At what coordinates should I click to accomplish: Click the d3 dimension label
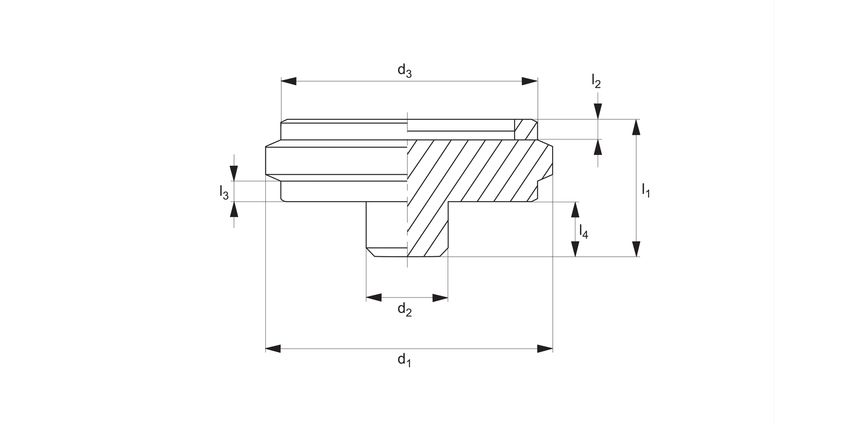coord(404,71)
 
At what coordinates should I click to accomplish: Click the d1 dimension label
coord(404,360)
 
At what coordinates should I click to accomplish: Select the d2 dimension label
coord(404,310)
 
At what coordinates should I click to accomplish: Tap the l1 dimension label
coord(646,190)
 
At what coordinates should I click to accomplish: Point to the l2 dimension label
coord(595,81)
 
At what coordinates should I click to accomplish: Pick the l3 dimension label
coord(224,193)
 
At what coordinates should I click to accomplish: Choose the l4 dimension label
coord(583,231)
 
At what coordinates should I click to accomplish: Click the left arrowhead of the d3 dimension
coord(289,81)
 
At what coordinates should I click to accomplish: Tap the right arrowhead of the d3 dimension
coord(530,81)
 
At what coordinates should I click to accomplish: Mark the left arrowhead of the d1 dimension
coord(273,348)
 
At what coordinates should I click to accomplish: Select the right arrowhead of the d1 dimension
coord(545,348)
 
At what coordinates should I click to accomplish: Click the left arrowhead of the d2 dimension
coord(374,298)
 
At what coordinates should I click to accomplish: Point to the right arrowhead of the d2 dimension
coord(441,298)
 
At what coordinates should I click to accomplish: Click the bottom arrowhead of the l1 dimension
coord(636,249)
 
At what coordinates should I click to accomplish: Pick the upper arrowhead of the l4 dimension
coord(575,209)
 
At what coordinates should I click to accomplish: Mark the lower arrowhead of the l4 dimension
coord(575,249)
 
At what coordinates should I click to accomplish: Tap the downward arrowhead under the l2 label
coord(598,111)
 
